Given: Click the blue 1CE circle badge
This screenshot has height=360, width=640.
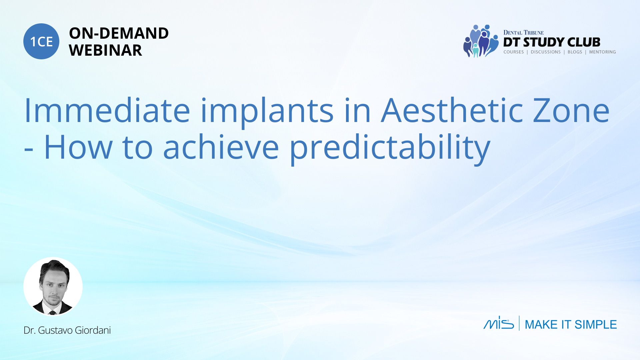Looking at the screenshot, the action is (x=41, y=41).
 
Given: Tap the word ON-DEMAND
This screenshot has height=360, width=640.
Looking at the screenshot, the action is (x=119, y=33).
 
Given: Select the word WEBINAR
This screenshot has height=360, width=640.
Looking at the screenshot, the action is (x=106, y=50).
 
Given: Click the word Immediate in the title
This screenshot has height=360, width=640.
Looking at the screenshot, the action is (x=107, y=110).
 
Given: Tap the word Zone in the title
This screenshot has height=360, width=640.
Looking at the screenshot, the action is (x=571, y=111).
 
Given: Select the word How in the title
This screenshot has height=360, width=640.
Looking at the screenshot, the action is (x=78, y=147).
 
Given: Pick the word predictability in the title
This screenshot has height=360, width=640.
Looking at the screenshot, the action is (x=390, y=150).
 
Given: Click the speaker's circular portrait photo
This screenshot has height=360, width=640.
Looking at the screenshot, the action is (x=53, y=286).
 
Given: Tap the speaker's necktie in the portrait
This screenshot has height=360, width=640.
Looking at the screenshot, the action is (x=52, y=313).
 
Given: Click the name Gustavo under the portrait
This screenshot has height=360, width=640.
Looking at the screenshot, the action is (x=55, y=330).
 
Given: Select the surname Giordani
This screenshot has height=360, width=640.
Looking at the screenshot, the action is (x=93, y=330).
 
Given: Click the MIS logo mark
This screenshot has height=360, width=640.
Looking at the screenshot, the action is (x=499, y=323).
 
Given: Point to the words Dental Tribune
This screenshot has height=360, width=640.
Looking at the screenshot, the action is (x=523, y=33).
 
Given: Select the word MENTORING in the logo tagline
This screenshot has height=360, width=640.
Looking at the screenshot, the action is (x=602, y=52).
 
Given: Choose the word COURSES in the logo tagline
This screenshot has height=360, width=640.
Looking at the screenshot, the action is (x=513, y=52).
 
